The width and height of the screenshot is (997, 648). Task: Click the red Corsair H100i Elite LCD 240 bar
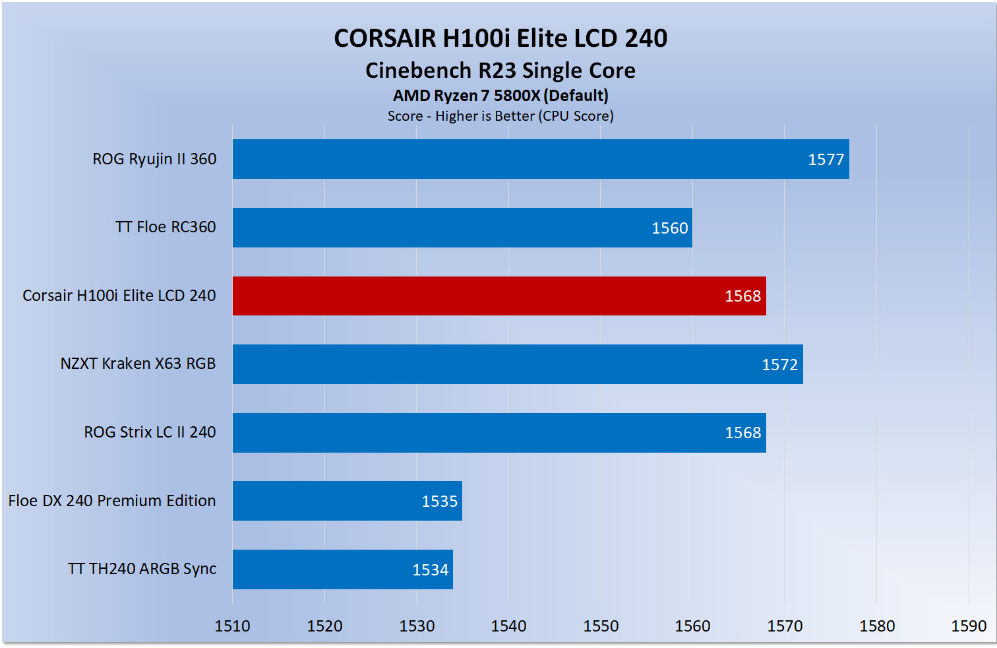coord(499,296)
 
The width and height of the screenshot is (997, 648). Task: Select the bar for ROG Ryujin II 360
coord(541,159)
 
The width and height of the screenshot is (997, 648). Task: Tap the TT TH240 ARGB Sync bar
coord(343,569)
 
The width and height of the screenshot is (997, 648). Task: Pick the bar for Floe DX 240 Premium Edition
coord(347,501)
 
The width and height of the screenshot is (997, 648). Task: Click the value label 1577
coord(826,160)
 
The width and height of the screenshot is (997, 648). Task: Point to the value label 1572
coord(779,365)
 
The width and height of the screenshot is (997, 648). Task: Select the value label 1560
coord(669,228)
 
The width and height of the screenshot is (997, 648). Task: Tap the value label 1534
coord(430,570)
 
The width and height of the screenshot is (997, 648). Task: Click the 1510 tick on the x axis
coord(232,626)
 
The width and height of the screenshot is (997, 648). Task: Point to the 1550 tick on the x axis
coord(601,626)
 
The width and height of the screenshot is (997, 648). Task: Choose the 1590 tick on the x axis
coord(969,626)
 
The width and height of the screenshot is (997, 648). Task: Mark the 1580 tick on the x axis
coord(876,626)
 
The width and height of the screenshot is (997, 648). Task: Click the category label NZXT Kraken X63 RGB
coord(138,364)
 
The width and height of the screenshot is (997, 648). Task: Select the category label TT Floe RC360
coord(166,227)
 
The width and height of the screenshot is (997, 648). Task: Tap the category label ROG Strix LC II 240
coord(150,432)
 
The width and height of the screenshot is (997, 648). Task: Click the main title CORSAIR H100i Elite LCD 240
coord(500,38)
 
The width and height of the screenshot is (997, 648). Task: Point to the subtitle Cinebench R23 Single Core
coord(500,71)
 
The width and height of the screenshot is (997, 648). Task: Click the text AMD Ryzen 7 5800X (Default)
coord(500,96)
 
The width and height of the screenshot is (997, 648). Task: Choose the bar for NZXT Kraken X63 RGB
coord(518,364)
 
